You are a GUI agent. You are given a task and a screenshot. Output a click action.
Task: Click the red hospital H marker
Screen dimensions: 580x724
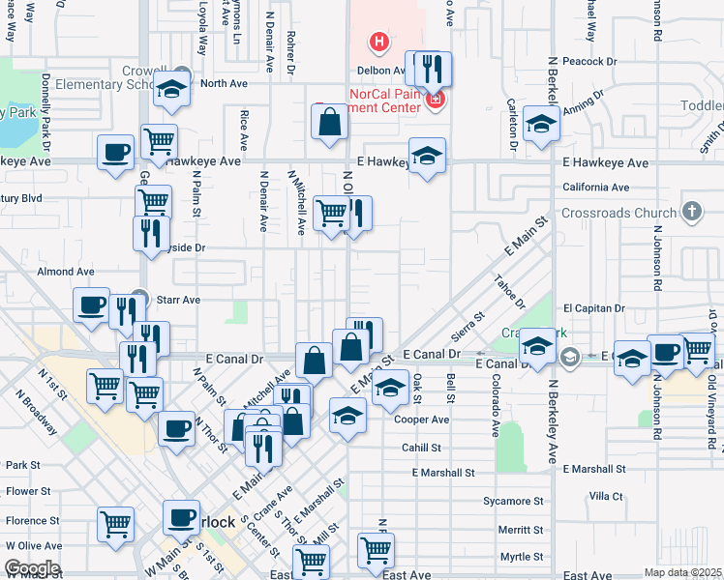coord(379,42)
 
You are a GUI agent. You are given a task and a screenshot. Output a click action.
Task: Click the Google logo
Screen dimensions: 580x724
coord(31,568)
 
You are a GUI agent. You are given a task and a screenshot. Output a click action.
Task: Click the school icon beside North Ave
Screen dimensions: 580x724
coord(172,90)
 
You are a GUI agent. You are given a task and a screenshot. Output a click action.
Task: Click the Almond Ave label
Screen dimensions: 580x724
coord(66,273)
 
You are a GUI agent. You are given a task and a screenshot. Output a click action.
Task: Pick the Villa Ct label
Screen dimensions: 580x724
coord(606,496)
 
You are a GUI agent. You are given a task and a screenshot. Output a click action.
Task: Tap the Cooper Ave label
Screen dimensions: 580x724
coord(422,420)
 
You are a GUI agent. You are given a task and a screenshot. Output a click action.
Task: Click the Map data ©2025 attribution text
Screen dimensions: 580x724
coord(682,572)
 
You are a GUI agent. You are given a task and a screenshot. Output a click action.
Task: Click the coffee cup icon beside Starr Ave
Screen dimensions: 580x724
coord(92,304)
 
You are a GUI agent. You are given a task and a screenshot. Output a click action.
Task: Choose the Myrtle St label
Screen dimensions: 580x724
coord(521,557)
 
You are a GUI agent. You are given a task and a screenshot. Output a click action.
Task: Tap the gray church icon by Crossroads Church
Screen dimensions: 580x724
coord(691,211)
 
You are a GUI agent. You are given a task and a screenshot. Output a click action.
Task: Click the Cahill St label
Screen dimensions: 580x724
coord(421,449)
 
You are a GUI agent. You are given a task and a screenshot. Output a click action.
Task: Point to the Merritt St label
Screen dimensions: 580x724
coord(521,530)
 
